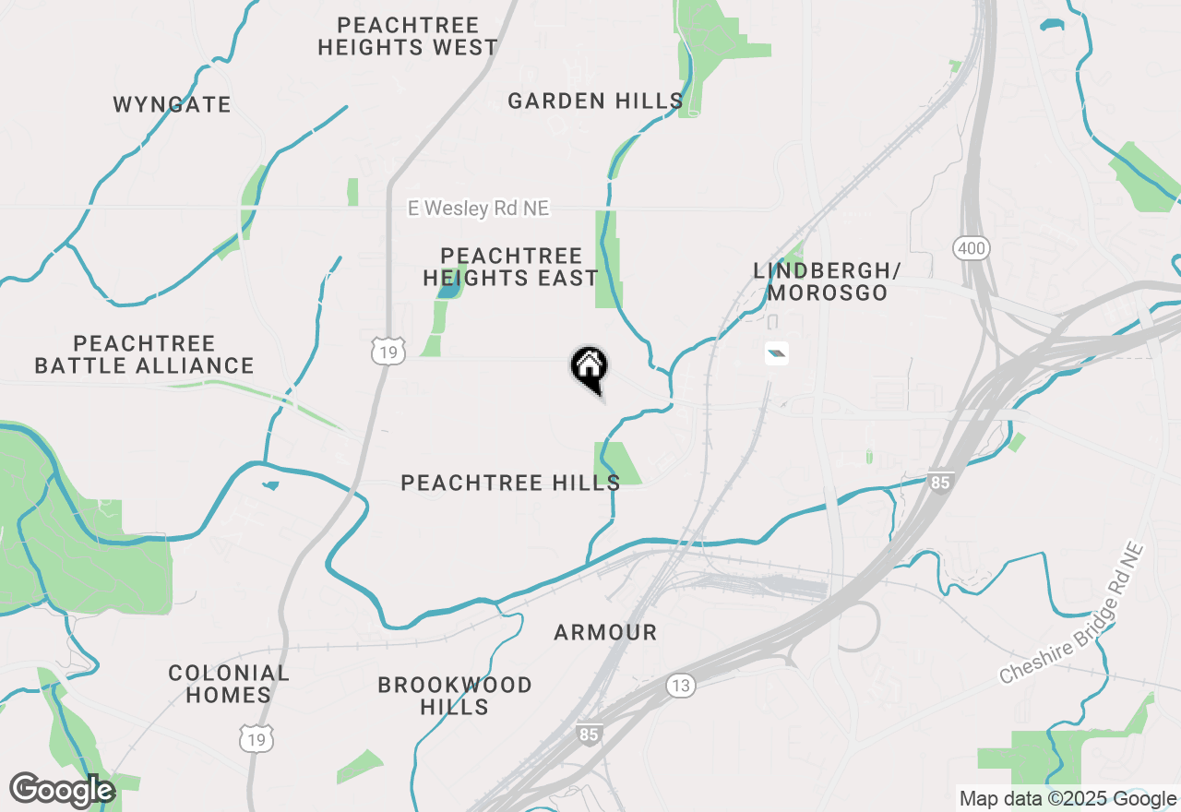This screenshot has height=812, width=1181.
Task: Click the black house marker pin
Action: (x=589, y=367)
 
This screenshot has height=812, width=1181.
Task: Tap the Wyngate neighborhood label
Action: (x=173, y=104)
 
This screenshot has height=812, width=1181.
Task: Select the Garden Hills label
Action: (x=595, y=101)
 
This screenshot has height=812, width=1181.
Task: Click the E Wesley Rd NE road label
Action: (x=479, y=209)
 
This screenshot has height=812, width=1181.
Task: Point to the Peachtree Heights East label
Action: (x=511, y=267)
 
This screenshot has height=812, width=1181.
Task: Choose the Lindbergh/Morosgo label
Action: (x=827, y=281)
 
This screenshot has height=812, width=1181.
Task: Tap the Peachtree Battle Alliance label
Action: (x=144, y=354)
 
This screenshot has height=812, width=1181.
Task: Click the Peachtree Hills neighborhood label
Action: (x=510, y=483)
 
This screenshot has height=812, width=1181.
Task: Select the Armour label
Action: (x=605, y=632)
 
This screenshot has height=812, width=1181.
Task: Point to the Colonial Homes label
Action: (x=229, y=684)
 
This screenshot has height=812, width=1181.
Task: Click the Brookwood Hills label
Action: (x=455, y=696)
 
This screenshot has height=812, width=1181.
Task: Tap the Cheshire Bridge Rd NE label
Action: (x=1072, y=613)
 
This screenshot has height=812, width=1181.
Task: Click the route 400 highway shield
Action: (x=972, y=247)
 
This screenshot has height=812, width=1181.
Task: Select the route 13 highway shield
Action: (x=681, y=685)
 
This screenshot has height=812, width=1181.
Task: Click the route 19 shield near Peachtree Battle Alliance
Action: (x=388, y=351)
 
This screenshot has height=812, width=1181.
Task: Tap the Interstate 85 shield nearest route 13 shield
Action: (x=589, y=734)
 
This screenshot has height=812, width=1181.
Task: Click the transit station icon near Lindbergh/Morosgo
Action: (x=777, y=352)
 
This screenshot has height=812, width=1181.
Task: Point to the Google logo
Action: (x=62, y=790)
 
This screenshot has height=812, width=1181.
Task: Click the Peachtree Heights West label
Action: (x=408, y=36)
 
